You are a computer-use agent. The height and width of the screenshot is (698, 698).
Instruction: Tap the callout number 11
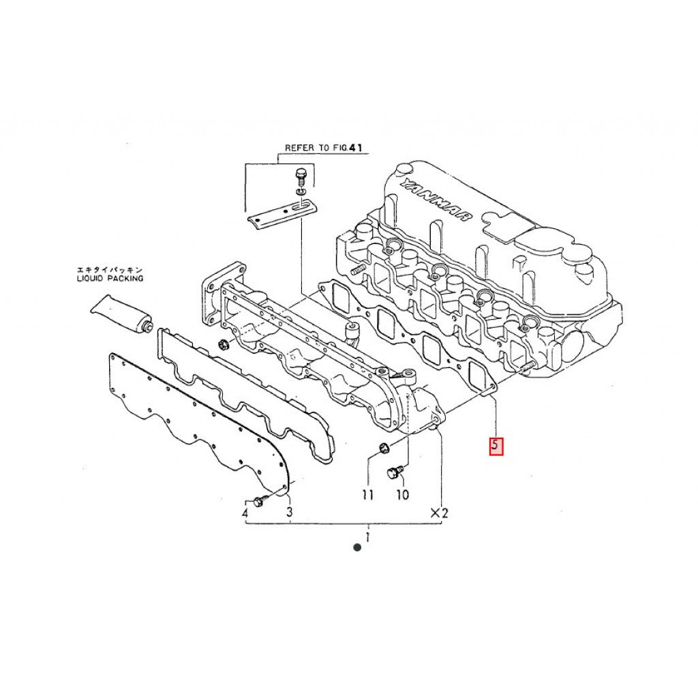(368, 496)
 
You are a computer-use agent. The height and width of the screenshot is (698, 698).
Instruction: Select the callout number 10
(402, 495)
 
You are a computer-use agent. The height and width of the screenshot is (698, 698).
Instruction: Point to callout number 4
(245, 512)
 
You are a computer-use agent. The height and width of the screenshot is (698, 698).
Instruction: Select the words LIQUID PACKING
(110, 278)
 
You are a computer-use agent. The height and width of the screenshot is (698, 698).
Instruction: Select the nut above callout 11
(382, 448)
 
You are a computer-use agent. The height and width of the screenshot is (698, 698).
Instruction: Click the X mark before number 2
(434, 512)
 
